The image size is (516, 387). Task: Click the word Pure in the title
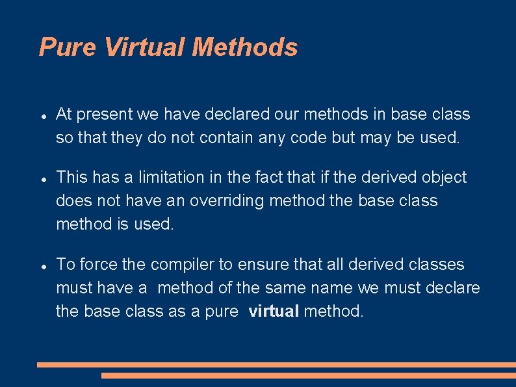click(68, 47)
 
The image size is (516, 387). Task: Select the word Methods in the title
click(245, 47)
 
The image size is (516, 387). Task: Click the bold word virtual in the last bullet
click(274, 311)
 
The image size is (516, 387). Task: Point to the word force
click(99, 265)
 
